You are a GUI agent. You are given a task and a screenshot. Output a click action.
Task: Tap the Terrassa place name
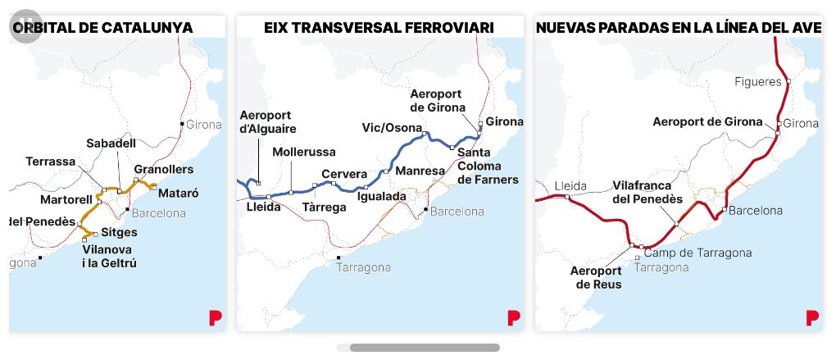point(50,162)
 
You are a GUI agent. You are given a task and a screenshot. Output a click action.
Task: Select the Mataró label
point(177,194)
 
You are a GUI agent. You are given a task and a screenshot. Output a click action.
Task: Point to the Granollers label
point(163,169)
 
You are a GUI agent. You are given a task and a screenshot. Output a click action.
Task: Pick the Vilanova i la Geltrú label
point(109,256)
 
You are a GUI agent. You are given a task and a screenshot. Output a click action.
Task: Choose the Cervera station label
point(343,174)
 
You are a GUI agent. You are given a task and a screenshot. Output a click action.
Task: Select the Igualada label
point(382,197)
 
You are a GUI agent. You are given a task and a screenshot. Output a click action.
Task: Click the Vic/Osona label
point(392,127)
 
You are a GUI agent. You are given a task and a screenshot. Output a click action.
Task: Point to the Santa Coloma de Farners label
point(488,166)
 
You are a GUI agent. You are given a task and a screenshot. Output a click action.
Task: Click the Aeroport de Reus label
point(597,277)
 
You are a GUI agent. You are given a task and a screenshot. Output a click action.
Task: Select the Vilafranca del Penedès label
point(647,193)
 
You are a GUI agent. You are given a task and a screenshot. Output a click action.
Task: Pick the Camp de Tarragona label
point(697,253)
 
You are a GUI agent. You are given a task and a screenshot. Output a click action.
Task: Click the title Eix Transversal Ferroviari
point(379,28)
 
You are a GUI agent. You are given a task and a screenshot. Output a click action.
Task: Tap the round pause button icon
point(25,27)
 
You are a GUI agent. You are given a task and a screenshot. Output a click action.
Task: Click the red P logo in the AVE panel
point(812,317)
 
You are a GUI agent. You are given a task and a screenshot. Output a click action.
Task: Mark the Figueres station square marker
point(788,81)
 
